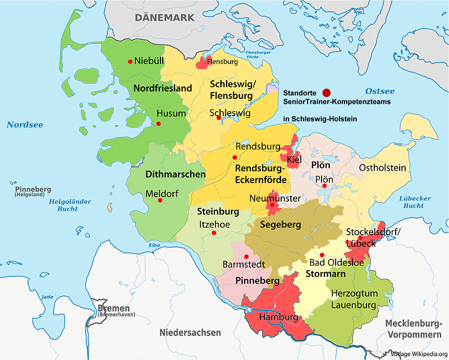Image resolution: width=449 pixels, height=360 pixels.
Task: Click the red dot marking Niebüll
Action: coord(130,61)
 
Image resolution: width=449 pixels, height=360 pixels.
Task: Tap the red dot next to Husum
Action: coord(159,124)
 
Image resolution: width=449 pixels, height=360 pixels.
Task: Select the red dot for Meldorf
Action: coord(161,200)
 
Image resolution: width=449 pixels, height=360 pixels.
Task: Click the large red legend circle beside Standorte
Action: coord(327,92)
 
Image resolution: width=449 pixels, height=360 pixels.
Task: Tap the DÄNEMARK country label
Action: coord(164,17)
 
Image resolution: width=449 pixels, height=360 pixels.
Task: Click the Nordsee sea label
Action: coord(25,125)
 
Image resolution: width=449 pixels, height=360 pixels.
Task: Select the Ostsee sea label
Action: coord(380,91)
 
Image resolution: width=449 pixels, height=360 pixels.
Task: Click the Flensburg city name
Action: coord(222,62)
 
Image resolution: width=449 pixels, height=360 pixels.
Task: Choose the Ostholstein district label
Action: coord(382,168)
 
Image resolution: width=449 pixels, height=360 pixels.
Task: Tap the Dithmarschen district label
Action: coord(175,175)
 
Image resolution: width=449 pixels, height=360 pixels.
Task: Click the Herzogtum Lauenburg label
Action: coord(353,299)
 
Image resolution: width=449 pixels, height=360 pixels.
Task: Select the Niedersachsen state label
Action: coord(190,332)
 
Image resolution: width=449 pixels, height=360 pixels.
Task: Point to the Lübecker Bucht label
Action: coord(415,202)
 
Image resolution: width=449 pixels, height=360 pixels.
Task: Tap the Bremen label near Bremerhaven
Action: coord(113,308)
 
